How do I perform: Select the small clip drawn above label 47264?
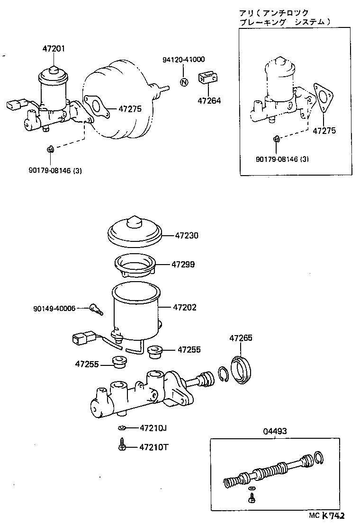tap(208, 77)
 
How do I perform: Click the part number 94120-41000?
tap(184, 60)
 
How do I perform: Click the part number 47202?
tap(185, 308)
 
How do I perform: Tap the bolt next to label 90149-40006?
tap(96, 310)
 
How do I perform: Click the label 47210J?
tap(153, 428)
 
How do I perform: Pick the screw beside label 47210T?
tap(122, 445)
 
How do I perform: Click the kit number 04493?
tap(274, 431)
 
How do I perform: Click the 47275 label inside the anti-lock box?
tap(324, 131)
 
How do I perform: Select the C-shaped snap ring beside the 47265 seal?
tap(224, 373)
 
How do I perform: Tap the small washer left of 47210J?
tap(122, 428)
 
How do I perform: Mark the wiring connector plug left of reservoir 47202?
tap(81, 339)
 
